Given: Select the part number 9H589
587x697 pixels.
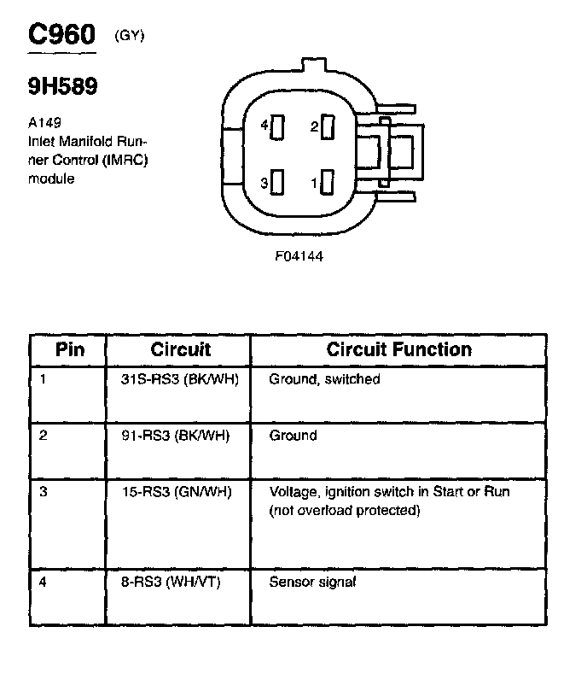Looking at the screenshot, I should (x=63, y=86).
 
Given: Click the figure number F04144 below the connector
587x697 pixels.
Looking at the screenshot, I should (x=299, y=255).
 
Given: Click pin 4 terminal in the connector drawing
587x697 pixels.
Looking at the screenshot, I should (x=277, y=127).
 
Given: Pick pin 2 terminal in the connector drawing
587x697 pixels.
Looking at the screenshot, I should (x=328, y=127).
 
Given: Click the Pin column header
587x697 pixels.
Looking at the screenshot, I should (x=70, y=349).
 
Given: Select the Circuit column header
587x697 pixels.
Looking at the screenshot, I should (x=180, y=349).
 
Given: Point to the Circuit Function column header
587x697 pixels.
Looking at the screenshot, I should (x=398, y=349).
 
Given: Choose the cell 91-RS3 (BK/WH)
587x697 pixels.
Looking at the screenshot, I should (x=176, y=436).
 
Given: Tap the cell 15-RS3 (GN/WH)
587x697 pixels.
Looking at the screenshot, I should (x=176, y=492).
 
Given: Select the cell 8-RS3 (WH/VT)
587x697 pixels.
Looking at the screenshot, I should (x=171, y=583).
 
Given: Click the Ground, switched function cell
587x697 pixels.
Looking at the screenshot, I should (x=324, y=379).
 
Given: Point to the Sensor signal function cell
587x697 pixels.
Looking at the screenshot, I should (x=312, y=583).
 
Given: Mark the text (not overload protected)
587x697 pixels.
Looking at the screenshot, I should (x=345, y=511).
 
